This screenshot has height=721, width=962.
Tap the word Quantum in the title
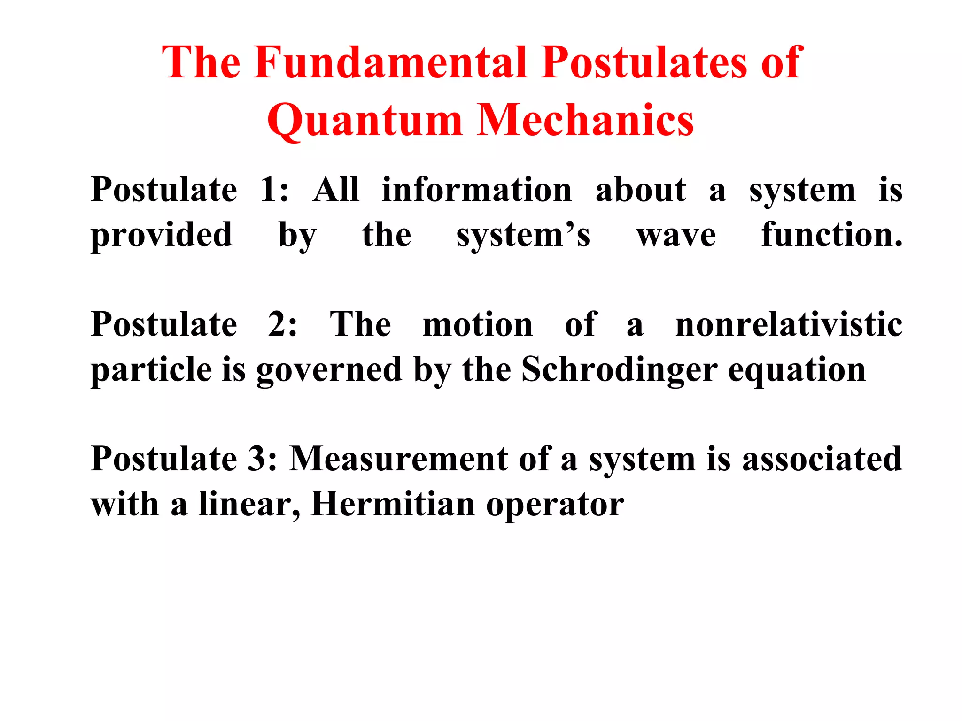(365, 121)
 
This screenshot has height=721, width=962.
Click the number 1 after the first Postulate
(269, 190)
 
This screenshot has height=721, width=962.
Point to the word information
(477, 190)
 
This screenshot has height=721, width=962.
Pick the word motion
(477, 325)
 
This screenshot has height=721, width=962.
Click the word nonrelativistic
(788, 325)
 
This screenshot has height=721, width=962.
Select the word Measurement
(398, 459)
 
